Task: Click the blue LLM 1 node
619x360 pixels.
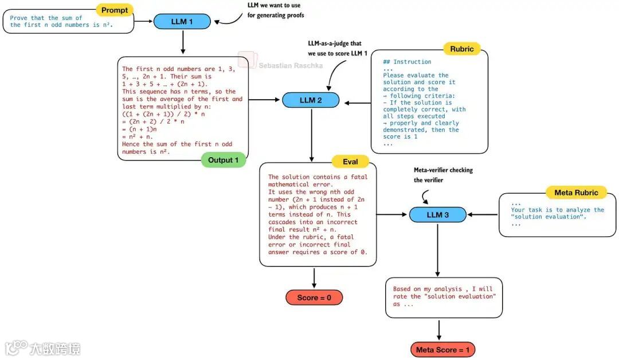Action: click(182, 22)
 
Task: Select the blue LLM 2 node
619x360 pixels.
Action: click(311, 100)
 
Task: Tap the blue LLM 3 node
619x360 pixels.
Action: click(438, 214)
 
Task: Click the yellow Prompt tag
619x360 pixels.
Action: click(115, 10)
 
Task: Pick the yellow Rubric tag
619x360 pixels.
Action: click(461, 49)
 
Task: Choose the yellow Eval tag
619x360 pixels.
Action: click(350, 162)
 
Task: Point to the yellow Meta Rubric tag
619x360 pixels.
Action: click(576, 192)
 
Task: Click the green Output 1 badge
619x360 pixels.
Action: click(223, 160)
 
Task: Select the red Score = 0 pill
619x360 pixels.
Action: click(314, 298)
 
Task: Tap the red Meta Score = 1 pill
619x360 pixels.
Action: click(442, 350)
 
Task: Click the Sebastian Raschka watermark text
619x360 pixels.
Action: click(291, 65)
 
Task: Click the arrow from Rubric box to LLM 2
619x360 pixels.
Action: click(357, 103)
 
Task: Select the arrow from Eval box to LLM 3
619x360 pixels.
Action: click(393, 215)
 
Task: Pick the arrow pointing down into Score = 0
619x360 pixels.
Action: click(314, 278)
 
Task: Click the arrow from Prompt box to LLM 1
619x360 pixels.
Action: click(144, 22)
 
